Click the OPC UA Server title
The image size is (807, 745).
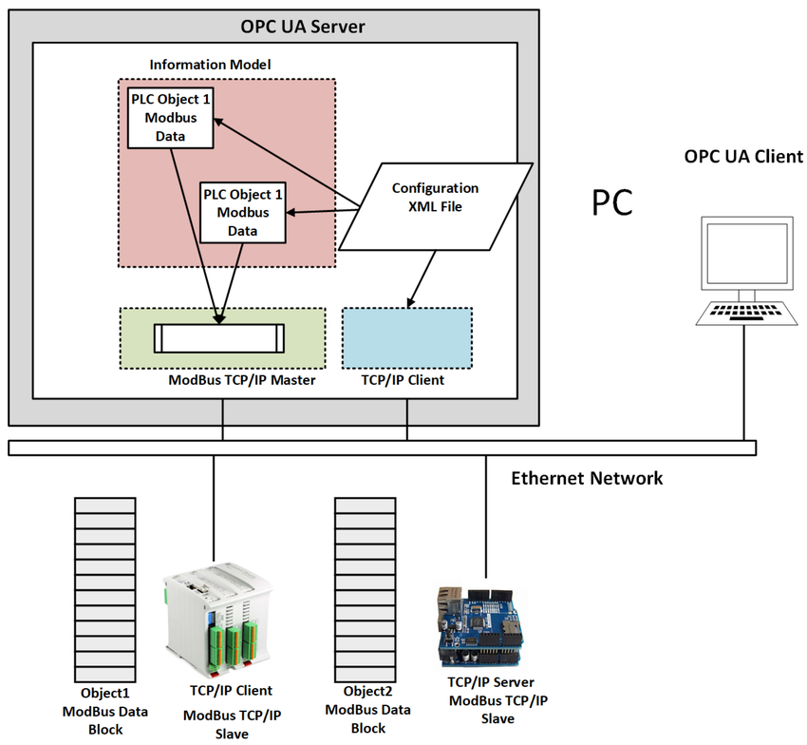pyautogui.click(x=274, y=27)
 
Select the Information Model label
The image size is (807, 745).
pyautogui.click(x=210, y=65)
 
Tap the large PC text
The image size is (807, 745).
pyautogui.click(x=612, y=203)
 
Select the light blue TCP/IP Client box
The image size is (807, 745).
pyautogui.click(x=406, y=337)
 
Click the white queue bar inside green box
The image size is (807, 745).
pyautogui.click(x=219, y=337)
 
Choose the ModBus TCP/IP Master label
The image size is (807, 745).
pyautogui.click(x=240, y=380)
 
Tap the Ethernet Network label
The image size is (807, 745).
pyautogui.click(x=587, y=477)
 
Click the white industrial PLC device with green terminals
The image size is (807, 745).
pyautogui.click(x=215, y=618)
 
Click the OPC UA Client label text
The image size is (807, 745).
pyautogui.click(x=743, y=157)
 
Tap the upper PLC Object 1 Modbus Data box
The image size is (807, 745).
pyautogui.click(x=170, y=117)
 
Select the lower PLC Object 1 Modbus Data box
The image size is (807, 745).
pyautogui.click(x=243, y=212)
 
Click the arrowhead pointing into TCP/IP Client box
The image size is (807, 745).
pyautogui.click(x=410, y=302)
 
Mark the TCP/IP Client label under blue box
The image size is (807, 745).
pyautogui.click(x=403, y=380)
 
